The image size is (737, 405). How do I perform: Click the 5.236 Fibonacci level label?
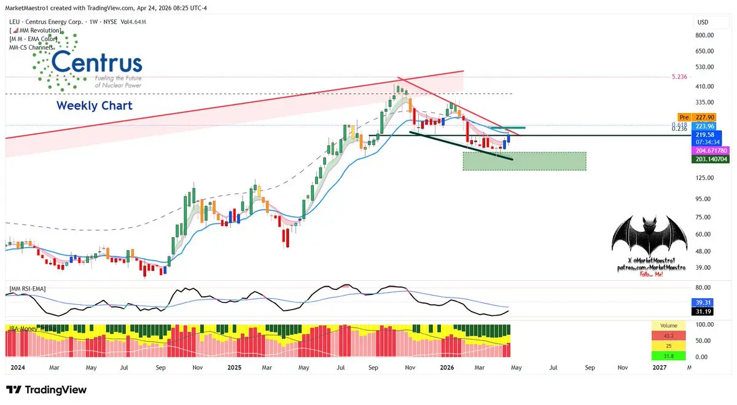[x=680, y=77]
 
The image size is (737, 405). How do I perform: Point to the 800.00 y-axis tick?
[x=704, y=36]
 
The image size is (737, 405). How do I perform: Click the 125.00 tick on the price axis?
[x=704, y=178]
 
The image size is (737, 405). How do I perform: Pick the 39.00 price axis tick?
[x=704, y=267]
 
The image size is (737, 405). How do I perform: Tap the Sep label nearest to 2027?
[x=590, y=368]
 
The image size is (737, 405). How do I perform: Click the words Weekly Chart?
[x=94, y=106]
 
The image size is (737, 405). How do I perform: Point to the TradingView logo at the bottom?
[x=47, y=390]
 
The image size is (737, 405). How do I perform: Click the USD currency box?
[x=703, y=22]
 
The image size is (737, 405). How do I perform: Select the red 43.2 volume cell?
[x=669, y=336]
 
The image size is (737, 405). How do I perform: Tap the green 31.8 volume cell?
[x=669, y=356]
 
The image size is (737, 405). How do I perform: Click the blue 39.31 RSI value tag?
[x=702, y=302]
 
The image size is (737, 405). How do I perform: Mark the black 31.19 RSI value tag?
[x=702, y=312]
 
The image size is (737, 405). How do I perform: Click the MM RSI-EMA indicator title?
[x=27, y=288]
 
